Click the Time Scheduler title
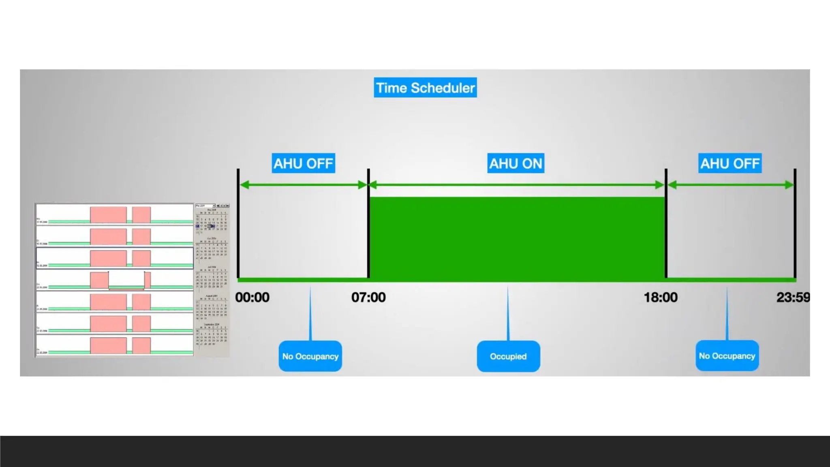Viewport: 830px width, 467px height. (425, 88)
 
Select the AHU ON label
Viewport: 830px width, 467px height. (516, 163)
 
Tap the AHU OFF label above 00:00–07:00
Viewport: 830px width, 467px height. (303, 163)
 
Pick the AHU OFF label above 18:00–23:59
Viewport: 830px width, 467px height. (730, 163)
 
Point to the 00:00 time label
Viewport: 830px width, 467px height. (252, 297)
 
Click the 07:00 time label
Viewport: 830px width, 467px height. (368, 297)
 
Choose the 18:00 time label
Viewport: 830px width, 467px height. (661, 297)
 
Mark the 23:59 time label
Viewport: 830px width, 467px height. (793, 297)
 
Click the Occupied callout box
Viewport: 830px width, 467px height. (508, 356)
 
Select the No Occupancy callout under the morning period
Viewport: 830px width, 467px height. (310, 356)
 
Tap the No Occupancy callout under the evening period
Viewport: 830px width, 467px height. (727, 356)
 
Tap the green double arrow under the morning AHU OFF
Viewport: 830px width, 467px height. (303, 185)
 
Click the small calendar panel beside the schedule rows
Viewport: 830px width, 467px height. (212, 280)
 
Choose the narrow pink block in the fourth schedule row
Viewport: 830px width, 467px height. (148, 280)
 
